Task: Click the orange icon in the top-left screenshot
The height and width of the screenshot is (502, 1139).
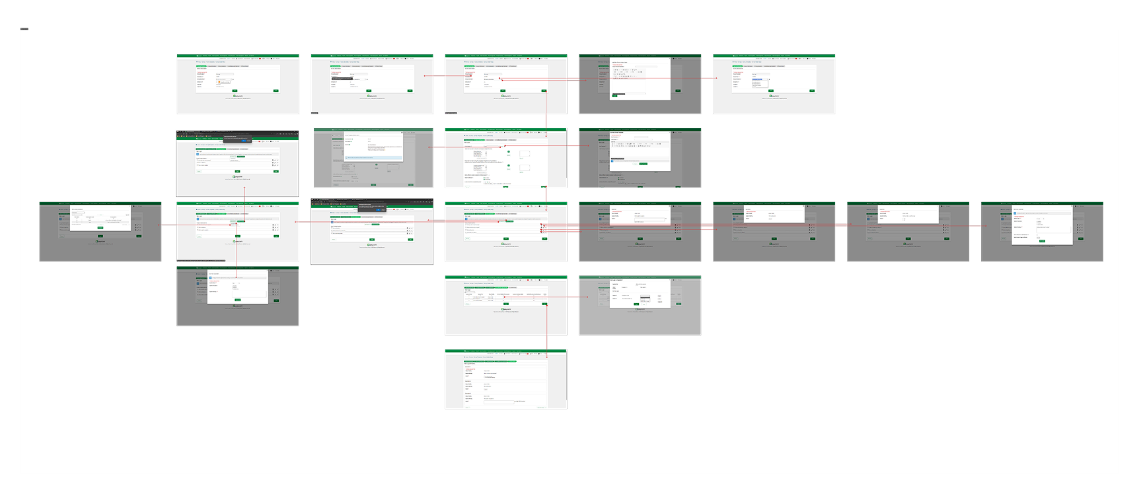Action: (x=219, y=82)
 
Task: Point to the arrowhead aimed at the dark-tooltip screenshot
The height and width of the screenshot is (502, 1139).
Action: (x=425, y=76)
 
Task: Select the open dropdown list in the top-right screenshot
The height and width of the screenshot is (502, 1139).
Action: (x=757, y=82)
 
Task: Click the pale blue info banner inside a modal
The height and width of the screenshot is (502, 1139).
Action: (x=373, y=158)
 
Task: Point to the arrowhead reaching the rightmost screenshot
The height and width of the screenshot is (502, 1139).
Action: (x=984, y=226)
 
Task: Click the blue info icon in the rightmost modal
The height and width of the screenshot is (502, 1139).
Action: (x=1015, y=213)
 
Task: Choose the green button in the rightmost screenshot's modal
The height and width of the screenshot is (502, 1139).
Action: (x=1042, y=241)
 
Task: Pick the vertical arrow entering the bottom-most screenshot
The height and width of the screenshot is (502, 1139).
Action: (x=546, y=349)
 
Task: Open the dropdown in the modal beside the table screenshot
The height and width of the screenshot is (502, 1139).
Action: (x=645, y=299)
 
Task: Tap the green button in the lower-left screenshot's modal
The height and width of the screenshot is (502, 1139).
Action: (x=237, y=300)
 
